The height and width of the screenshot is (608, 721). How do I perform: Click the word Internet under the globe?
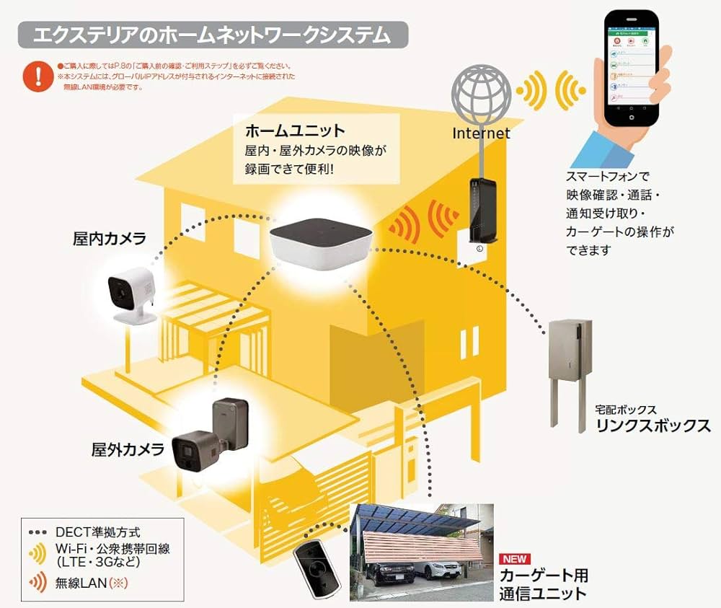[481, 133]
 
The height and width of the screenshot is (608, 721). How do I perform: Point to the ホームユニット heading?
[296, 131]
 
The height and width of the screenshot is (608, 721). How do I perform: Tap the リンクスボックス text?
[653, 425]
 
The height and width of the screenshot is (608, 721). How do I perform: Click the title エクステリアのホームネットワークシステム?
[213, 35]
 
